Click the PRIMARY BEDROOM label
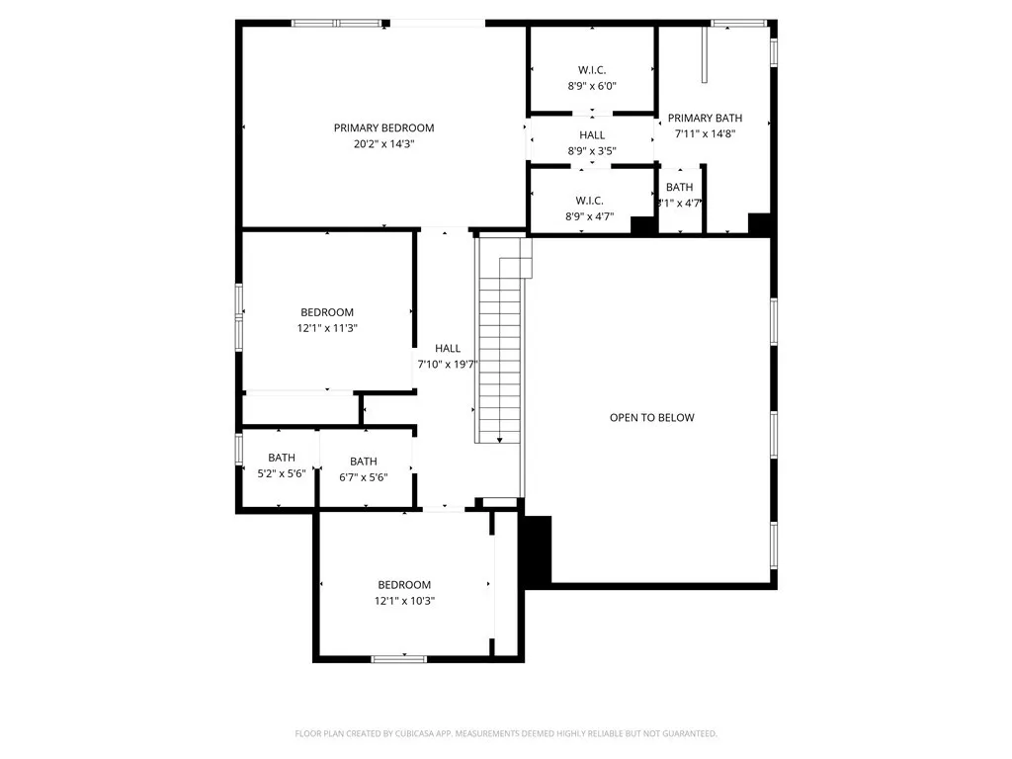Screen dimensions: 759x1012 point(383,127)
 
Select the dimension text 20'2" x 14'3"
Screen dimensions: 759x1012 point(383,143)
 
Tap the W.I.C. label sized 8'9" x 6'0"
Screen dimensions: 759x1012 point(592,70)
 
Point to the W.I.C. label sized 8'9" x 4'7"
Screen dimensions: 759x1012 point(590,201)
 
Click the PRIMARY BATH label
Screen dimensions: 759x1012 point(705,118)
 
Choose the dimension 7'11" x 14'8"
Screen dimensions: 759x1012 point(705,133)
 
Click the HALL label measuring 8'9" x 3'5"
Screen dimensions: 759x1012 point(592,135)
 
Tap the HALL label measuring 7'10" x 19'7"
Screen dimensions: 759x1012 point(448,348)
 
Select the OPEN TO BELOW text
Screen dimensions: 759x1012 point(651,417)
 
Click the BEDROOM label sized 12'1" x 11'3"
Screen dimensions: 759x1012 point(327,312)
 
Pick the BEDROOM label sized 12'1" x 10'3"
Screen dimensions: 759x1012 point(404,584)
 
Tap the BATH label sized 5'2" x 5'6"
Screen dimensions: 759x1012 point(282,458)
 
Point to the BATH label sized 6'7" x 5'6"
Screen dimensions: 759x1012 point(363,462)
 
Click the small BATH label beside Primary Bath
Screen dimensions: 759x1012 point(679,187)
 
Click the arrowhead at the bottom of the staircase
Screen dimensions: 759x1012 point(500,440)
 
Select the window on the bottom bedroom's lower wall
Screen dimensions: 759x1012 point(399,658)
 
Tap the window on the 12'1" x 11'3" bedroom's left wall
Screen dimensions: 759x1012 point(238,316)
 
